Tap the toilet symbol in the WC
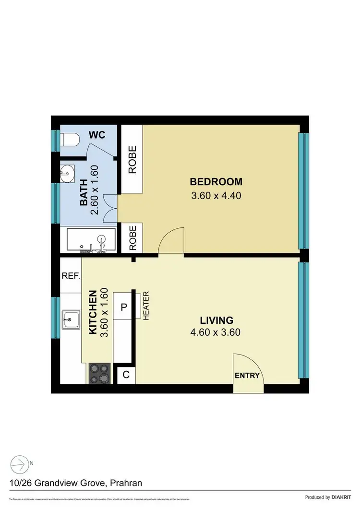69,139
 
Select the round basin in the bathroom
67,173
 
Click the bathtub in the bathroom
91,240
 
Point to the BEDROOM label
216,182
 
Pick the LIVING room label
217,320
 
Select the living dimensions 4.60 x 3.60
217,332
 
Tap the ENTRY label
247,376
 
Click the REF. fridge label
71,276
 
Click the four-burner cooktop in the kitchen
99,373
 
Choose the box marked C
126,375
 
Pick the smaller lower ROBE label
131,238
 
